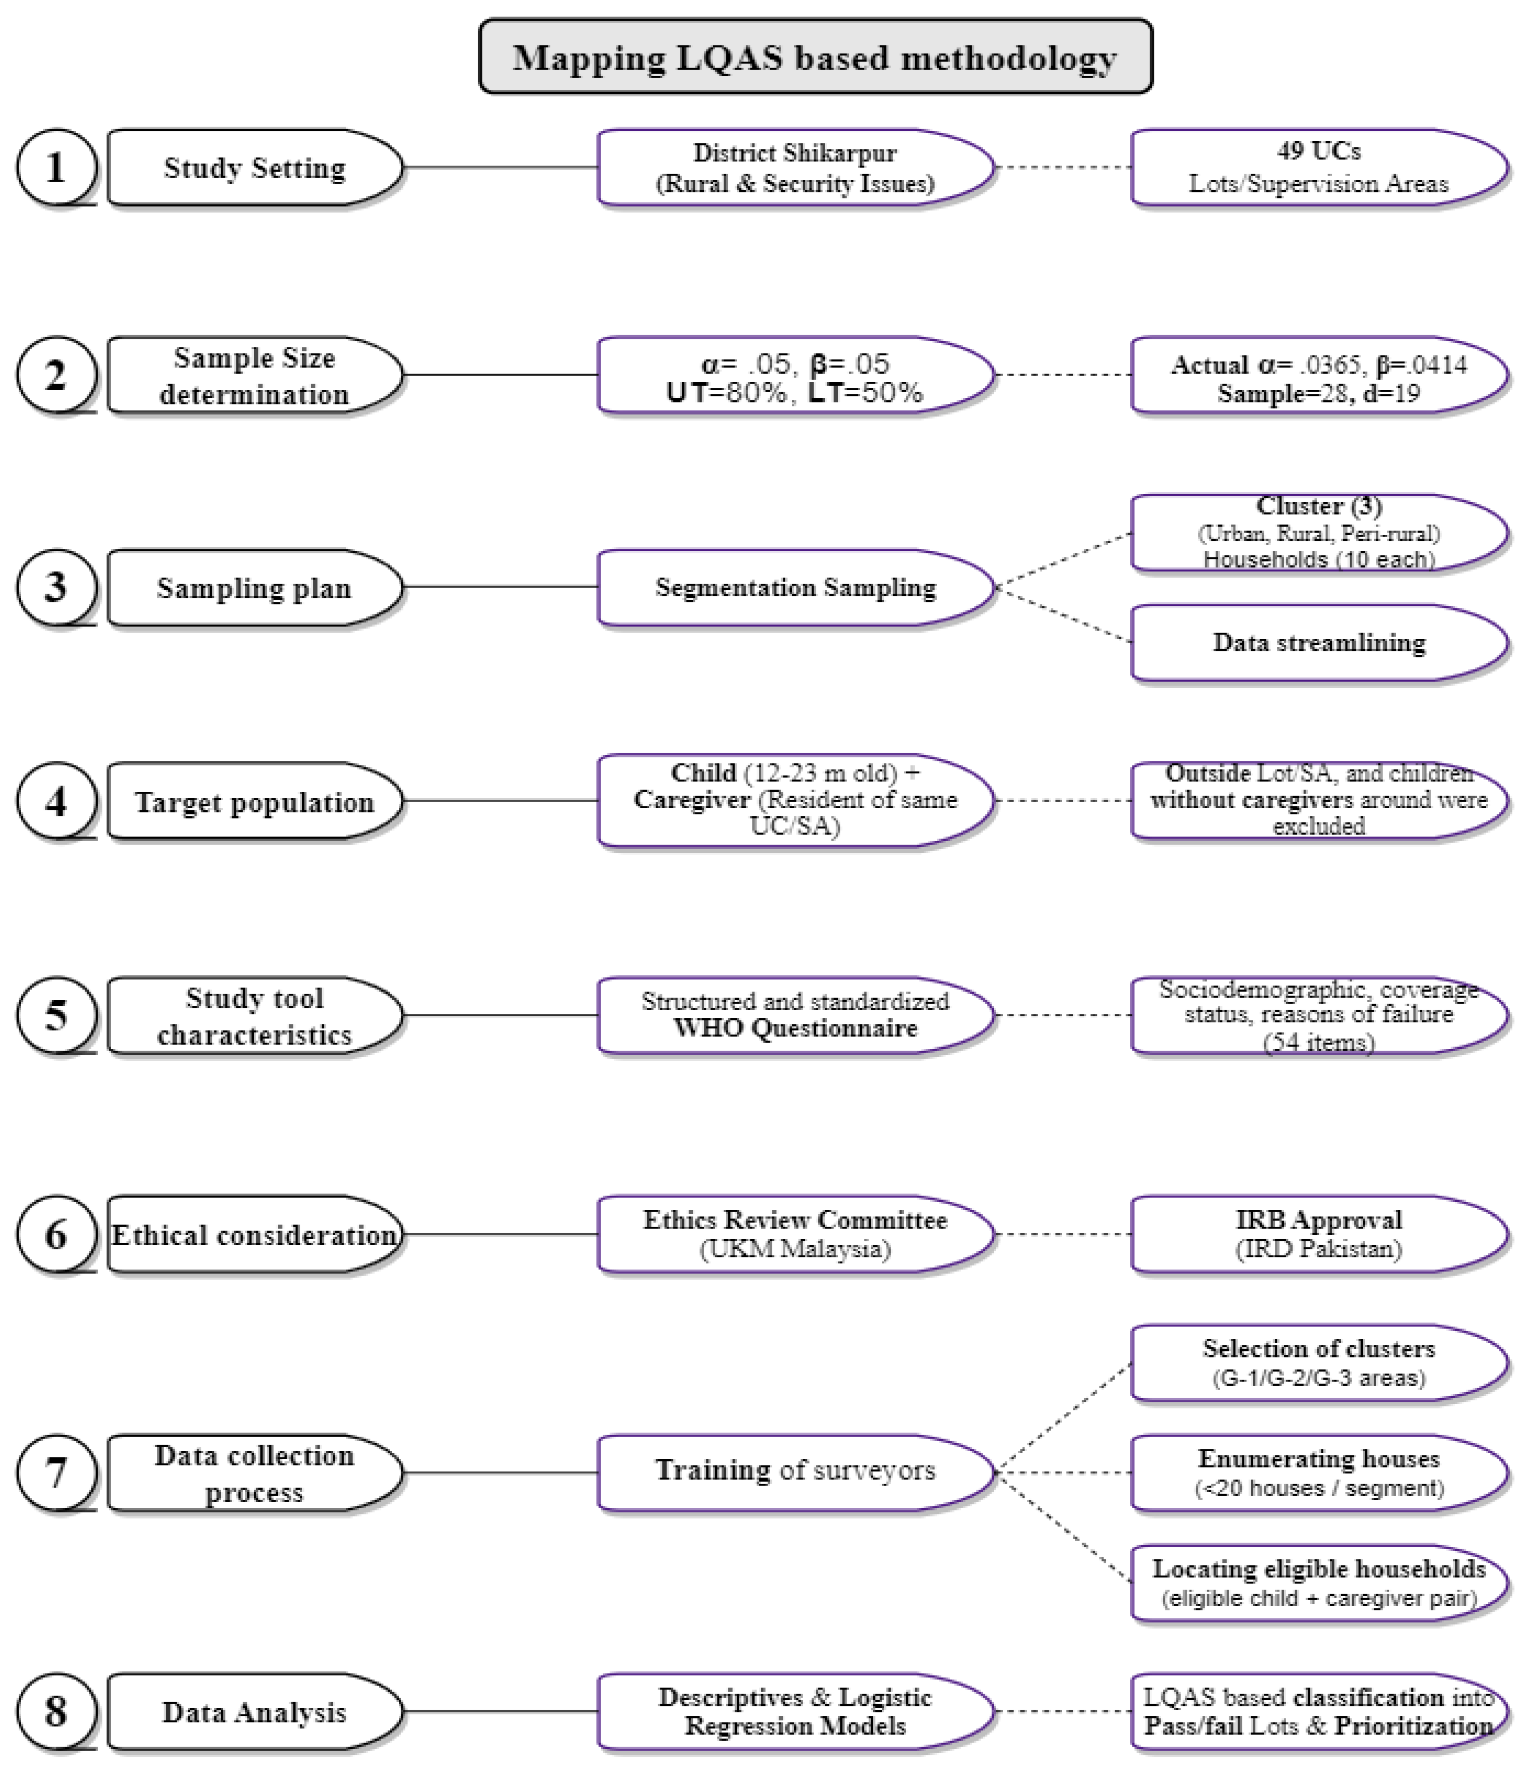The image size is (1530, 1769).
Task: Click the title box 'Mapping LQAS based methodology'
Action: pos(815,57)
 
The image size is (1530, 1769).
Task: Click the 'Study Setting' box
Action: pos(254,167)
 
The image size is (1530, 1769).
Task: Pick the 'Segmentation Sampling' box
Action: pos(795,587)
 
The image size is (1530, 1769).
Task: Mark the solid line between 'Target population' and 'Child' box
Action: pos(500,801)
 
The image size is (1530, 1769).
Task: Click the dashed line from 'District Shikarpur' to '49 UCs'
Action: pos(1063,167)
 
